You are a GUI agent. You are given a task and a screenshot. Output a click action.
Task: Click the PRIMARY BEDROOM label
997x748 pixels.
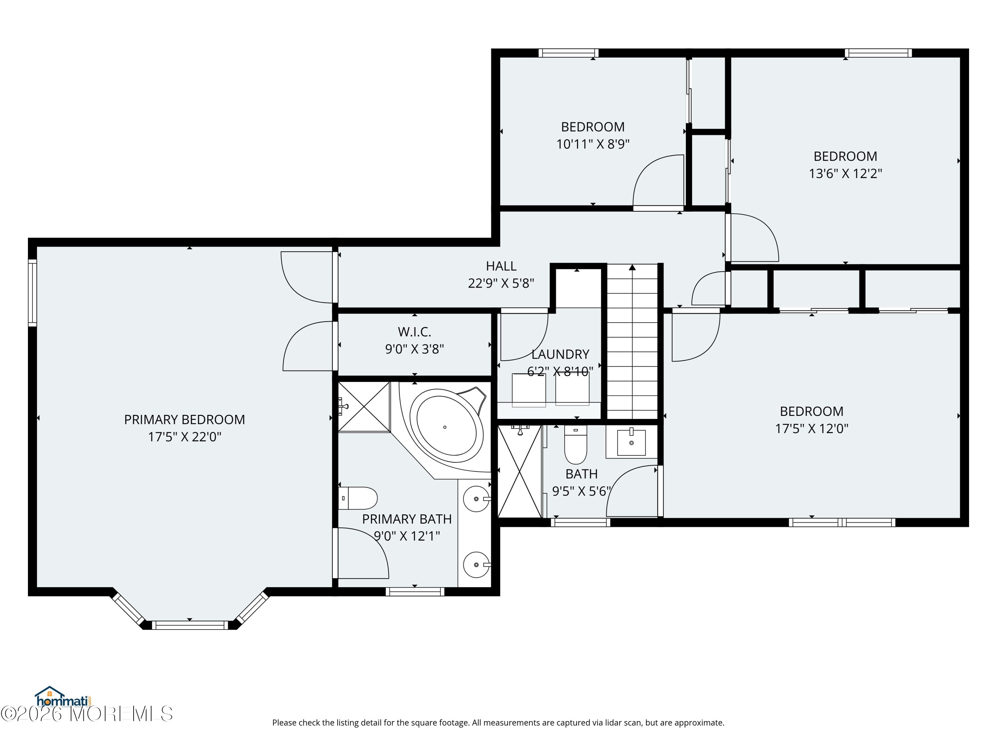click(184, 420)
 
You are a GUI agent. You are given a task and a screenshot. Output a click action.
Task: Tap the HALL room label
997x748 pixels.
click(501, 266)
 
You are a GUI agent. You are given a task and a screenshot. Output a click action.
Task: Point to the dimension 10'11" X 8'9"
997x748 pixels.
click(593, 144)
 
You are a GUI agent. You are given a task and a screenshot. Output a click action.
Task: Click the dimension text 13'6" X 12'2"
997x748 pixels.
click(845, 174)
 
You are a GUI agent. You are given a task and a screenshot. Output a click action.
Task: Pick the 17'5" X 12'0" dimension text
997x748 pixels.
click(811, 428)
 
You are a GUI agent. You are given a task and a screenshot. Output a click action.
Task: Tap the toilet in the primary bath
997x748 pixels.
click(357, 498)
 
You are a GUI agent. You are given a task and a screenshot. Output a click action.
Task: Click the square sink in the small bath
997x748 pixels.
click(631, 442)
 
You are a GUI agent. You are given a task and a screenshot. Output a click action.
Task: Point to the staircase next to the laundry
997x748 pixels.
click(632, 342)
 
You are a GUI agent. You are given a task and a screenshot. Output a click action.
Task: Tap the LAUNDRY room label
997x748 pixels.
click(560, 354)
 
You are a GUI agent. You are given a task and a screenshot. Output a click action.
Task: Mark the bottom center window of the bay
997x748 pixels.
click(190, 625)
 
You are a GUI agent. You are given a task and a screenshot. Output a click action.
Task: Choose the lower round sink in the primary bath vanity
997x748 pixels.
click(477, 564)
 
